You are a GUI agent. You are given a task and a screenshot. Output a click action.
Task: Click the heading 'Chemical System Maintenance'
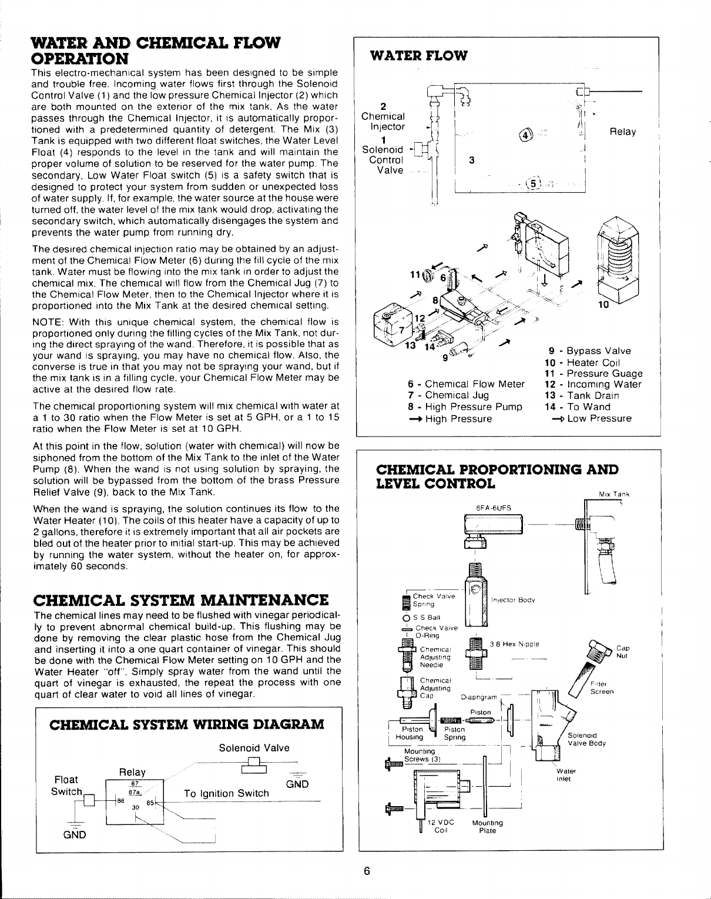[x=180, y=601]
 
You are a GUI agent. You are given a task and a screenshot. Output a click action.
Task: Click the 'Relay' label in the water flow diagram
[x=623, y=132]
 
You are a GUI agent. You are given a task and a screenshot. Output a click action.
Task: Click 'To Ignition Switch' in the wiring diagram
[x=226, y=793]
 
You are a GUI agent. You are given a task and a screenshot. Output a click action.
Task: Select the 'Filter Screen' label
[x=601, y=687]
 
